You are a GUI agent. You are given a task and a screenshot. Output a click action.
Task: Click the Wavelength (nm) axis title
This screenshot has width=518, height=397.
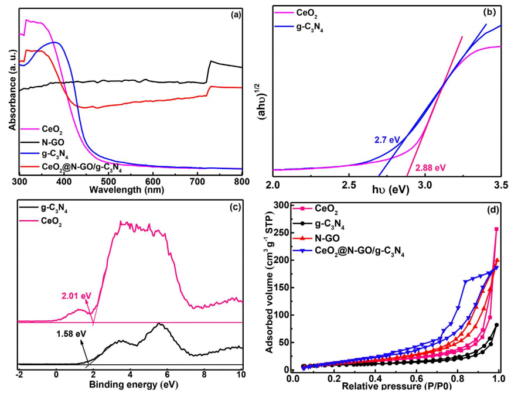click(130, 190)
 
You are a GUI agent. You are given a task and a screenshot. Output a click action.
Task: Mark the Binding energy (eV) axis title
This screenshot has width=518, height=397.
click(130, 387)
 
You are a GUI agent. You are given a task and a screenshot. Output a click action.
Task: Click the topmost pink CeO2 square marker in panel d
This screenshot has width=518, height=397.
click(496, 230)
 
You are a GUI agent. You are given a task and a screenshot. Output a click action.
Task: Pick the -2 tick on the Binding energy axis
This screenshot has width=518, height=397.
click(19, 375)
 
